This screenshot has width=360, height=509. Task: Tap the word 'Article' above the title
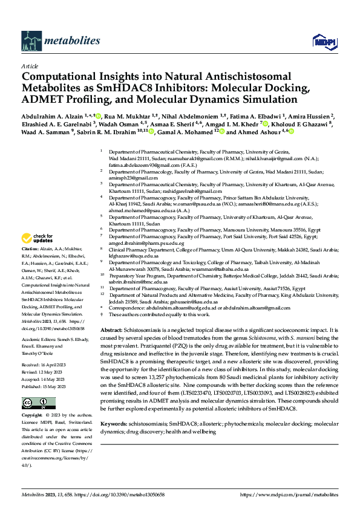point(30,66)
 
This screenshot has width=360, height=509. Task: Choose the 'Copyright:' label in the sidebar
point(33,416)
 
